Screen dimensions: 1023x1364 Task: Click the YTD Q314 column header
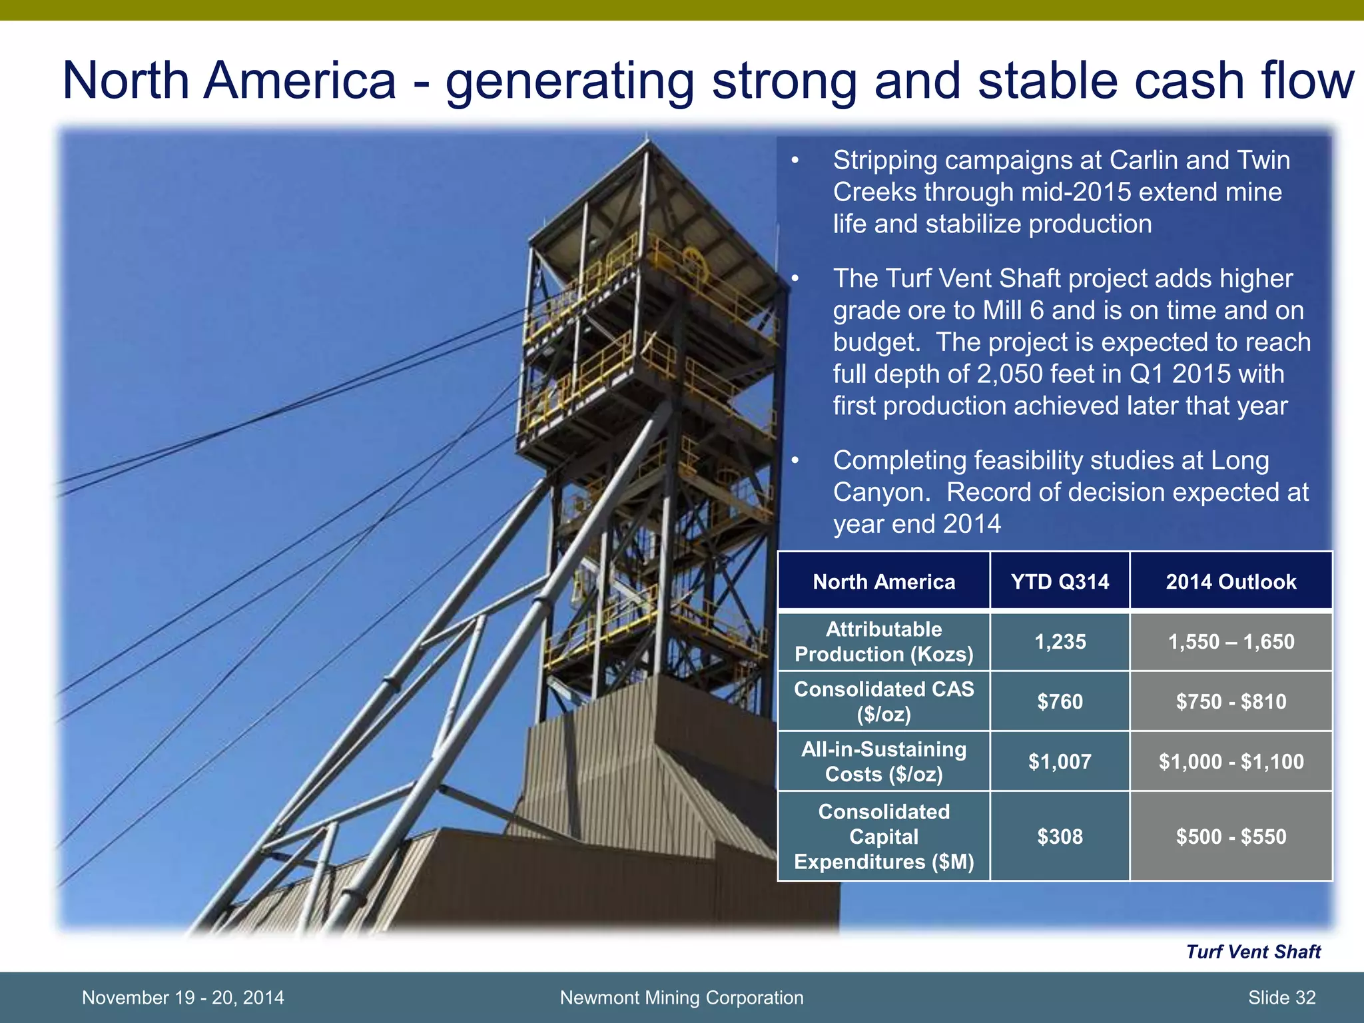[1060, 581]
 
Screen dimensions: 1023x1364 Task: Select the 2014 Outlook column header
[1231, 581]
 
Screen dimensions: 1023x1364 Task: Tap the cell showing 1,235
[1060, 641]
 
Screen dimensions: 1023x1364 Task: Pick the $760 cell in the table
[1060, 701]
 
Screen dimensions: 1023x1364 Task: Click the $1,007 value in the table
[1060, 761]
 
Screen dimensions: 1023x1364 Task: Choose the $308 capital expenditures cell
[1060, 837]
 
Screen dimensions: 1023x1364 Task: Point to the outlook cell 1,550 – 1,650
[1231, 641]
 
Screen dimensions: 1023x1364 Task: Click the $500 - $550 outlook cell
[1231, 837]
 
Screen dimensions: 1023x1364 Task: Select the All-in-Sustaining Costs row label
[884, 761]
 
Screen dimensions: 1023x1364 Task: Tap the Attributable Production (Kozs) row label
[884, 641]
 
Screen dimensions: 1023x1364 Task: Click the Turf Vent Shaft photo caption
[1253, 952]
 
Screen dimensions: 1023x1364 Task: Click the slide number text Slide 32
[1281, 998]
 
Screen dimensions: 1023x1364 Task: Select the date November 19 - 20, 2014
[182, 998]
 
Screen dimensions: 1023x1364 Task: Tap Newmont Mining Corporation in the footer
[681, 998]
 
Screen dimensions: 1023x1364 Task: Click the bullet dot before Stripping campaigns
[794, 161]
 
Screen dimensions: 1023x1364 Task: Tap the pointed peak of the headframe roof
[645, 139]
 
